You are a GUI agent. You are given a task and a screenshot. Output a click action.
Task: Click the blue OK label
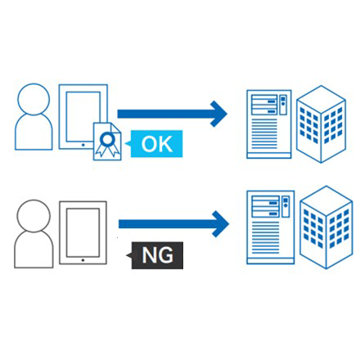156,144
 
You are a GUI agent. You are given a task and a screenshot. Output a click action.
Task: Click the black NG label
157,255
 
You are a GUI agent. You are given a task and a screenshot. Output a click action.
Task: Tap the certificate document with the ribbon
107,142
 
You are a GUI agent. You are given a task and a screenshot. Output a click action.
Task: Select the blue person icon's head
34,99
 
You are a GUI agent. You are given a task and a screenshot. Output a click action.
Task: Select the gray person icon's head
34,216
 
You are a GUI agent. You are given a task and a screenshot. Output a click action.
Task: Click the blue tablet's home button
83,145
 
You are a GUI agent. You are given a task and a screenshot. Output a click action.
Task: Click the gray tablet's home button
83,260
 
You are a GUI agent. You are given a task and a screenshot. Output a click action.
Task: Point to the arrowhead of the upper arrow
218,114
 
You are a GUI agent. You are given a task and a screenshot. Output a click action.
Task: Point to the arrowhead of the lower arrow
220,224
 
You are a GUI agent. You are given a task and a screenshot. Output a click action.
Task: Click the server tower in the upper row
269,124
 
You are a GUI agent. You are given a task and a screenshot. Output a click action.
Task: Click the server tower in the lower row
271,227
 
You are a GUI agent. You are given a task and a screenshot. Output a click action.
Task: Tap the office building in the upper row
321,124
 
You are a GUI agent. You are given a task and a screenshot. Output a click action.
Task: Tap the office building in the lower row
326,227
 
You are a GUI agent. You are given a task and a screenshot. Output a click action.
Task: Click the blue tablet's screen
83,116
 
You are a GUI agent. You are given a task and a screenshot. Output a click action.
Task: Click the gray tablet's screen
83,232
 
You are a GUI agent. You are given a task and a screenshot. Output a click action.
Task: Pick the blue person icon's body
34,133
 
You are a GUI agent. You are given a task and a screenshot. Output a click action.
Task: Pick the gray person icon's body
34,250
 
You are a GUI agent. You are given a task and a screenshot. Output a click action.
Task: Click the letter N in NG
149,255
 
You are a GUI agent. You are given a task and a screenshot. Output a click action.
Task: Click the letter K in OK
166,144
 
